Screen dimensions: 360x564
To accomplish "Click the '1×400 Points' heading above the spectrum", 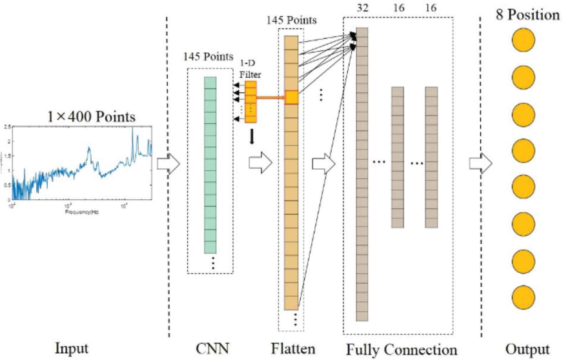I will point(92,117).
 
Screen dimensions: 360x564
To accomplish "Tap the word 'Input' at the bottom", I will point(71,348).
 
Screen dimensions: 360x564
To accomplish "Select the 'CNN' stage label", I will point(212,348).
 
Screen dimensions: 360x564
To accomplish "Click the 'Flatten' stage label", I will point(293,348).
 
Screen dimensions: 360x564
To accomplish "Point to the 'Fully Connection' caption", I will point(402,350).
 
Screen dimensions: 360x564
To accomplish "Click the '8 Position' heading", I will point(528,15).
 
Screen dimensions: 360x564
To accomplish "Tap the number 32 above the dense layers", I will point(362,8).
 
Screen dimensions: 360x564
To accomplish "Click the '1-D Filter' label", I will point(250,69).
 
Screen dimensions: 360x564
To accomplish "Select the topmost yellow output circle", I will point(523,40).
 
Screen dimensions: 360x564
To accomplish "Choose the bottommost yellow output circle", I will point(523,298).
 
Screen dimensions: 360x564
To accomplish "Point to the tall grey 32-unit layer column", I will point(362,174).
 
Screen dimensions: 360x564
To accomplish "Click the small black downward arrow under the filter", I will point(252,137).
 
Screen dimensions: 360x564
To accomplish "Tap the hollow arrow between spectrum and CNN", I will point(169,164).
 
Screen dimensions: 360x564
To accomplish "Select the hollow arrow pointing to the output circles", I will point(480,164).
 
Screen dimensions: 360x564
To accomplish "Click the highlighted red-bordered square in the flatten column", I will point(292,97).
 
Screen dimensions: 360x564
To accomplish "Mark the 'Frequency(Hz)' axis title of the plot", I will point(82,212).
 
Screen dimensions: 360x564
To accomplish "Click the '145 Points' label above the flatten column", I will point(291,20).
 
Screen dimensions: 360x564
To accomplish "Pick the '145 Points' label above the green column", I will point(208,57).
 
